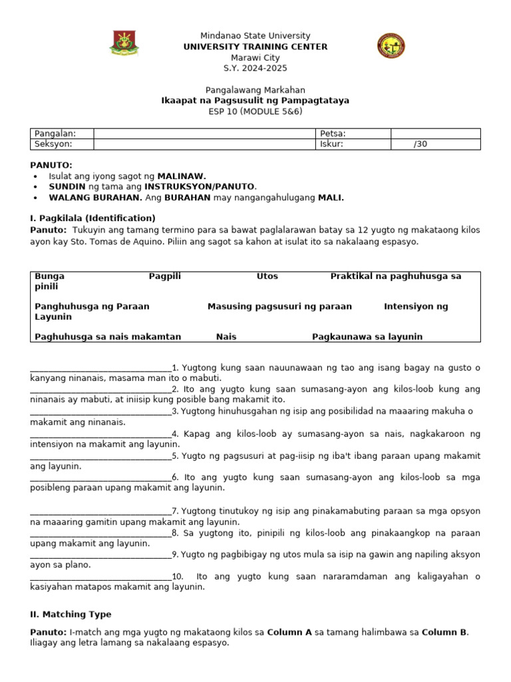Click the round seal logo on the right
click(x=391, y=46)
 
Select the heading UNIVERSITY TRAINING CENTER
click(x=255, y=47)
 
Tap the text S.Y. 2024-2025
click(x=255, y=68)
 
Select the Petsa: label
click(x=333, y=133)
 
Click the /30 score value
click(x=420, y=144)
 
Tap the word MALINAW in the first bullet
click(x=181, y=176)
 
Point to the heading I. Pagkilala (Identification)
click(x=93, y=218)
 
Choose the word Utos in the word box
click(x=267, y=276)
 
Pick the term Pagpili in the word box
click(x=164, y=276)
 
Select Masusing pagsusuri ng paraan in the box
click(x=279, y=306)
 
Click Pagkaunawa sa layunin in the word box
click(x=367, y=337)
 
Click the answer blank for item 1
click(x=100, y=368)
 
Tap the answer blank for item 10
click(x=100, y=577)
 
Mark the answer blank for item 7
click(x=100, y=511)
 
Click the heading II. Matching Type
click(x=71, y=614)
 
